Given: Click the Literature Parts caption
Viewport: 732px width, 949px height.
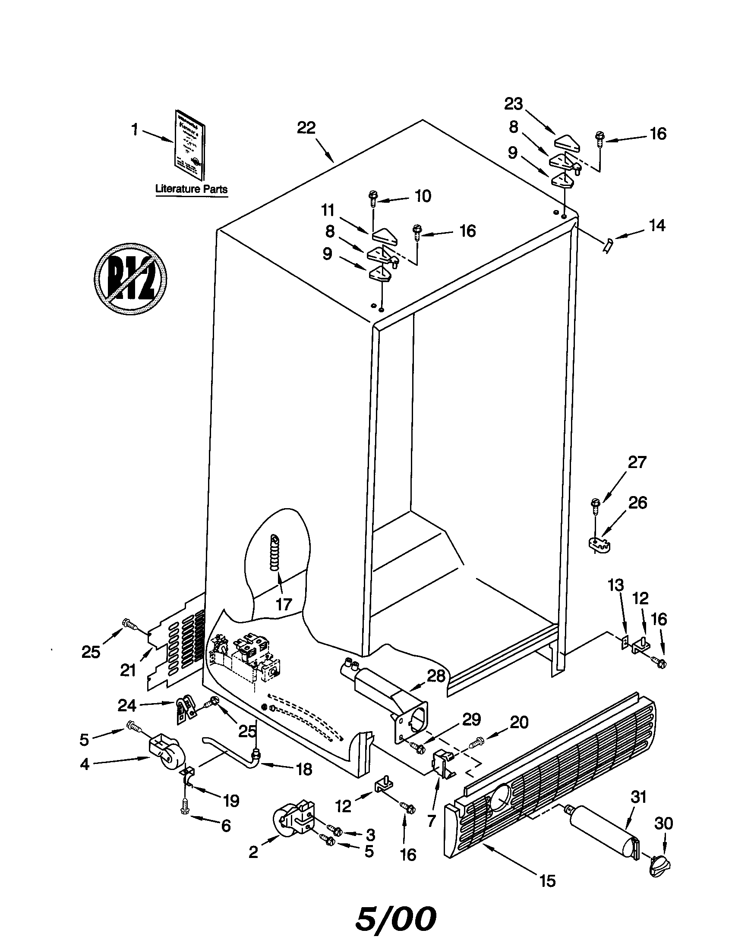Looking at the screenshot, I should [191, 189].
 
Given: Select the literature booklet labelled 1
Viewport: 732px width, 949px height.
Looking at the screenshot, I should [190, 145].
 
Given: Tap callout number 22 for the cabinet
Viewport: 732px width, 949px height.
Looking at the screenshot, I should [306, 128].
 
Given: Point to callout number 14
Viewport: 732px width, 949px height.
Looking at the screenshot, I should [656, 226].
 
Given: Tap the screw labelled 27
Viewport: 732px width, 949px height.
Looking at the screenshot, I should [595, 506].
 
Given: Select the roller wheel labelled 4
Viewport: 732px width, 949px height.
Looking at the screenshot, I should [163, 759].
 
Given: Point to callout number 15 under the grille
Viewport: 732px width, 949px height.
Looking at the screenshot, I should [547, 881].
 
